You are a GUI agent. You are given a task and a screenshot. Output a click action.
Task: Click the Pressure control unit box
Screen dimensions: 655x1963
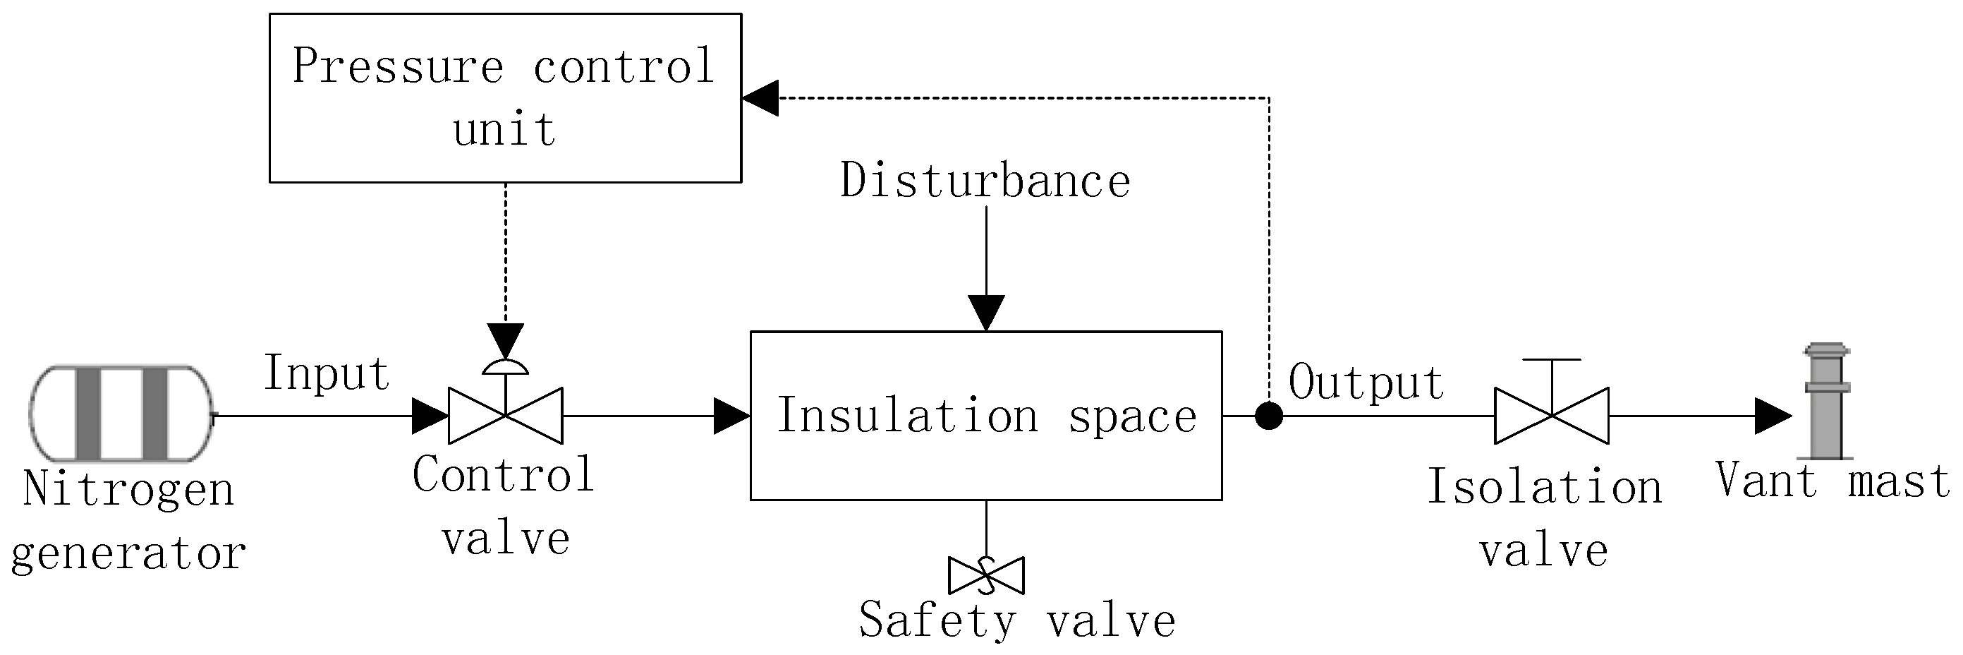click(505, 97)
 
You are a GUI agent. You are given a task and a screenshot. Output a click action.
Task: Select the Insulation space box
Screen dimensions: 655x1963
click(986, 416)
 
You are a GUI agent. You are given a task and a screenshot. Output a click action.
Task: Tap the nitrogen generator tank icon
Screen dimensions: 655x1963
click(121, 414)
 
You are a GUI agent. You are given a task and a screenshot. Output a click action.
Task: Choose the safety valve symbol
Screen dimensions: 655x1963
click(986, 575)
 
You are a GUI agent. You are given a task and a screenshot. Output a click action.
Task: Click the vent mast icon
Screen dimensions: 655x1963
click(1826, 402)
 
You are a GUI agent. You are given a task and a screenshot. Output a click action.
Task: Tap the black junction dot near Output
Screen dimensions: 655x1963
click(1269, 416)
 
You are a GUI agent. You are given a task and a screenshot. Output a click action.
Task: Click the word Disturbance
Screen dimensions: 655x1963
click(985, 181)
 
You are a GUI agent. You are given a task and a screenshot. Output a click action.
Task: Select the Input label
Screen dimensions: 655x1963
click(327, 373)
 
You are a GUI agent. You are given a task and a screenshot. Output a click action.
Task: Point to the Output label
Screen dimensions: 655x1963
click(1366, 382)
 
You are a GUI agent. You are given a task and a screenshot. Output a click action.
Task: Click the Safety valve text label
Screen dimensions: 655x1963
click(1016, 620)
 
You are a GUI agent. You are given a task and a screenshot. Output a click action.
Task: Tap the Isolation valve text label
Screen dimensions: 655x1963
click(1544, 519)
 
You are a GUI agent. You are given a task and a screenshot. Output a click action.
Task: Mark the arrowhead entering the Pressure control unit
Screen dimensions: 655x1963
click(760, 97)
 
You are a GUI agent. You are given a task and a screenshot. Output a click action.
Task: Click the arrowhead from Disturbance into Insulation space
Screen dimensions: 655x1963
click(986, 313)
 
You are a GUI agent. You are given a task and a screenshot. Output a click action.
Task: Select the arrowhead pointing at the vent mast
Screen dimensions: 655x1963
click(1773, 416)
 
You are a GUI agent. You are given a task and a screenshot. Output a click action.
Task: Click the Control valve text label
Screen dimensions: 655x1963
click(504, 506)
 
